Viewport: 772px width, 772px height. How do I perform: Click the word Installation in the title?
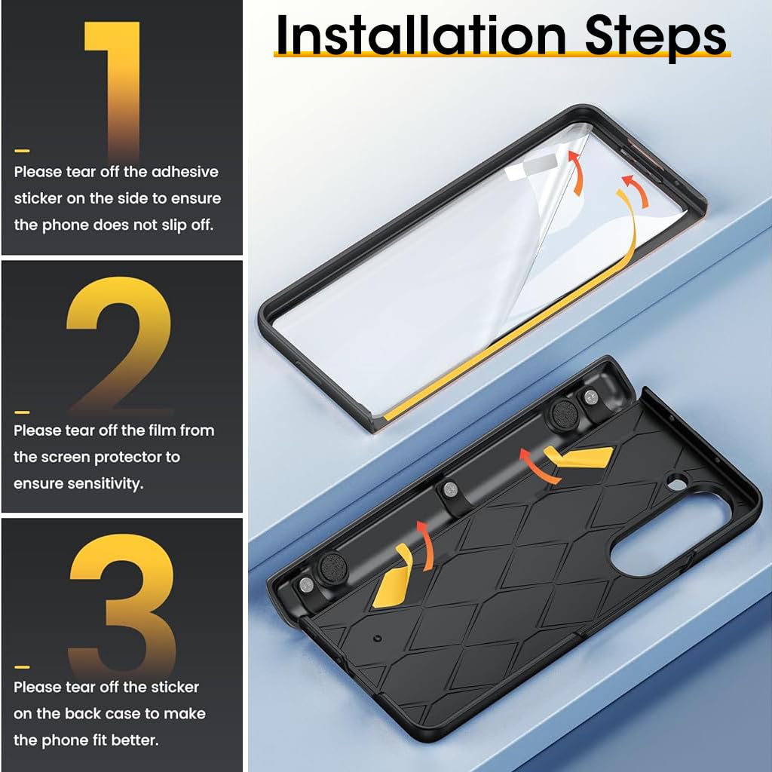tap(421, 35)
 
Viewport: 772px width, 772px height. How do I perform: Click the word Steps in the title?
tap(655, 38)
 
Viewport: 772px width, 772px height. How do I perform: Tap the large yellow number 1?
tap(113, 91)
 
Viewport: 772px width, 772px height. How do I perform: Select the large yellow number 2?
tap(119, 345)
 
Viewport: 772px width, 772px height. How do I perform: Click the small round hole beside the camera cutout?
tap(678, 483)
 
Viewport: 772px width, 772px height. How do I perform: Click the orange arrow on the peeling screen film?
tap(577, 173)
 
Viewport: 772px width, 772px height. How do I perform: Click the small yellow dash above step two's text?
tap(22, 412)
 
